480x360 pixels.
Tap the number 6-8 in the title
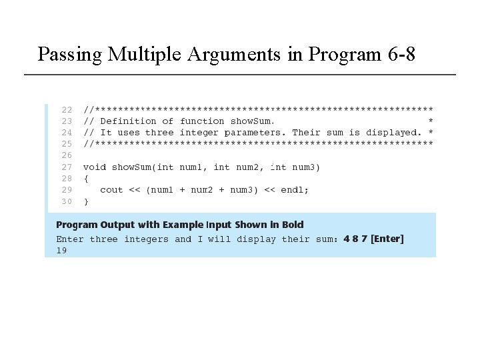pos(401,54)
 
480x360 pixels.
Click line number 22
pos(67,109)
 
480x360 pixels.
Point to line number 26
pos(67,155)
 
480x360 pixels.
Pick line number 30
pos(67,201)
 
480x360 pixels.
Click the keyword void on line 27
pos(94,167)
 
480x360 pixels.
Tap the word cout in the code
pos(111,190)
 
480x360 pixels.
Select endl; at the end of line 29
pos(295,190)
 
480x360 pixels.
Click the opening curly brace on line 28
pos(86,179)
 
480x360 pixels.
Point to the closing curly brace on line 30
pos(86,201)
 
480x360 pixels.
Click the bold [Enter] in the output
pos(387,239)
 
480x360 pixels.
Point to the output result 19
pos(61,251)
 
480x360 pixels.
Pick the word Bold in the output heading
pos(291,225)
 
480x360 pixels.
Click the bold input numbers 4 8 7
pos(355,239)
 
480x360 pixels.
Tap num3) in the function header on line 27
pos(306,167)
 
